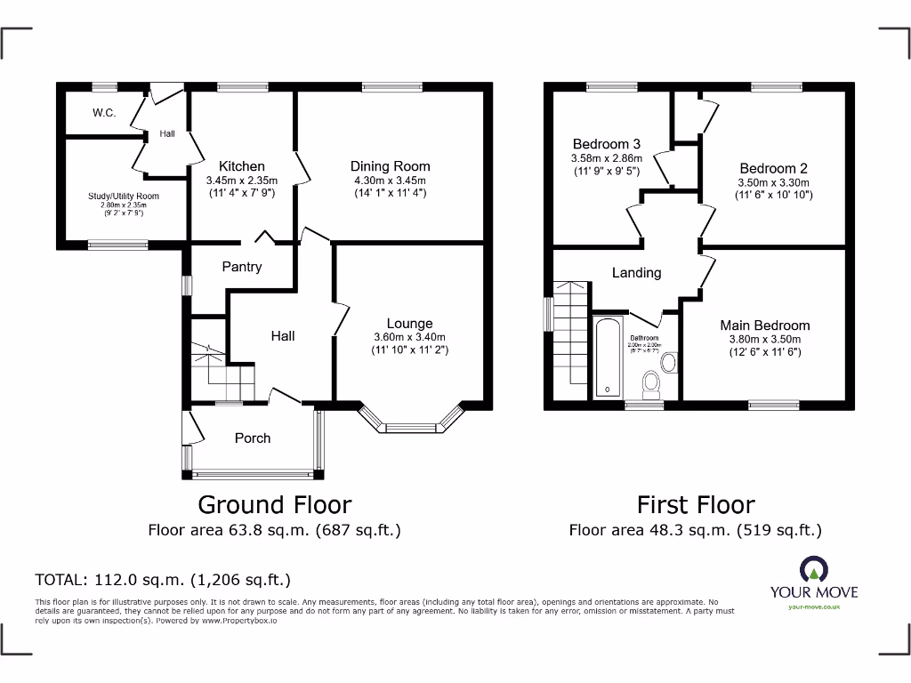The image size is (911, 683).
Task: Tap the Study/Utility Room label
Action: [x=124, y=197]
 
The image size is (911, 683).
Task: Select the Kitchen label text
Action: [x=242, y=166]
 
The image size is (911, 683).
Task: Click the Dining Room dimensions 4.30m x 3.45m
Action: [x=390, y=181]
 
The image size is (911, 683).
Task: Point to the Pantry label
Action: [x=241, y=267]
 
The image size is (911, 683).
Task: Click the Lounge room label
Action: [x=409, y=324]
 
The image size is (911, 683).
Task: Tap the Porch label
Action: [x=253, y=438]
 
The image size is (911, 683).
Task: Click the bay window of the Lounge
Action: [x=410, y=425]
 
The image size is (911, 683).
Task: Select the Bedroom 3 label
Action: [x=606, y=144]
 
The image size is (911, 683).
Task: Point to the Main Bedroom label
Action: [x=764, y=325]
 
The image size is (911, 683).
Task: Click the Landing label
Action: [x=636, y=273]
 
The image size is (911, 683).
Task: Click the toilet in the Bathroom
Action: [x=650, y=383]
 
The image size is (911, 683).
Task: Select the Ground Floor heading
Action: [x=274, y=505]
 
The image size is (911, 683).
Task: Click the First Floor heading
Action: [x=696, y=505]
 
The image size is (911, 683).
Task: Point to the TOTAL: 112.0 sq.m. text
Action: [x=163, y=580]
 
